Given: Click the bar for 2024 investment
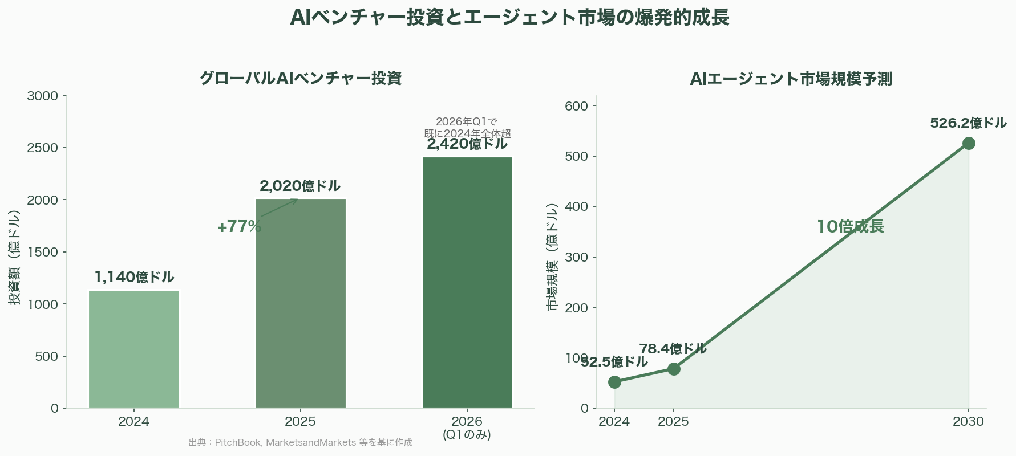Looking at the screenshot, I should [x=134, y=349].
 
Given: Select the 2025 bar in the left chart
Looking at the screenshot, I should [x=301, y=303].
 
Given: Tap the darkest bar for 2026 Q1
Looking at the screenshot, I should [x=467, y=282].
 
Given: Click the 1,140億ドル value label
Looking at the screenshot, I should [x=134, y=278].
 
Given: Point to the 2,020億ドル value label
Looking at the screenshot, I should [x=300, y=186].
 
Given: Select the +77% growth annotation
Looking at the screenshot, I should [x=239, y=227].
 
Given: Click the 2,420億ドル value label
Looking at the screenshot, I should [x=467, y=144].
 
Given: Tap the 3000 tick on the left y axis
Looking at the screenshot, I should [x=43, y=96].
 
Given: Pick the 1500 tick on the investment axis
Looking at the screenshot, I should [x=43, y=252].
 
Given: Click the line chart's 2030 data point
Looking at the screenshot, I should [x=969, y=143].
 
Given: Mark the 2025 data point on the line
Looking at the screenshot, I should [x=674, y=369].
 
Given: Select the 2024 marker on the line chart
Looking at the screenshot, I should [x=614, y=382].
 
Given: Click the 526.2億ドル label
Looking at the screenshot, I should [x=968, y=123].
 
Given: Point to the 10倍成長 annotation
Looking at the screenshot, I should [x=850, y=227].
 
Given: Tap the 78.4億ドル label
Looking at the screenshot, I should [x=673, y=349].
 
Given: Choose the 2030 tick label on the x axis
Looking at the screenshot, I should [x=969, y=422].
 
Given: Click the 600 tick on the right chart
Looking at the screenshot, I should [x=576, y=106].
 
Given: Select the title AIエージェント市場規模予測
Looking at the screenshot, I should [x=791, y=79].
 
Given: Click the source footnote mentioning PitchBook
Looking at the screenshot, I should [x=300, y=443].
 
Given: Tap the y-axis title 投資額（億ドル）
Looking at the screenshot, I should [x=15, y=257].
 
